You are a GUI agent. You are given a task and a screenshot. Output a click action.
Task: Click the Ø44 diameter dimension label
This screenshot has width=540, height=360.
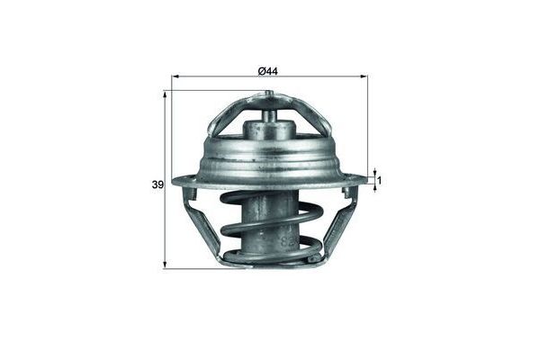pos(268,71)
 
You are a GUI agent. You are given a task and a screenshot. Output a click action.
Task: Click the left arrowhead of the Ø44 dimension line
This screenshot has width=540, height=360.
pos(175,78)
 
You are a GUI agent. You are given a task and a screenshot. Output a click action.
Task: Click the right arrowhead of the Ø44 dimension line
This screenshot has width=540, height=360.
pos(364,78)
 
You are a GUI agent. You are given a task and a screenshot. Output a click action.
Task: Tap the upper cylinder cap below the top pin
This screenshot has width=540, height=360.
pos(269,131)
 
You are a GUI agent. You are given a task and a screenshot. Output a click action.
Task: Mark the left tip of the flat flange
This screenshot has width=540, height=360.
pos(175,182)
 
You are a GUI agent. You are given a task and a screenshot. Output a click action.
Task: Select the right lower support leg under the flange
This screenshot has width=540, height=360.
pos(338,220)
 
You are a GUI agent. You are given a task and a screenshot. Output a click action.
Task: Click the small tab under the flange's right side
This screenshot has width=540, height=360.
pos(348,193)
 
